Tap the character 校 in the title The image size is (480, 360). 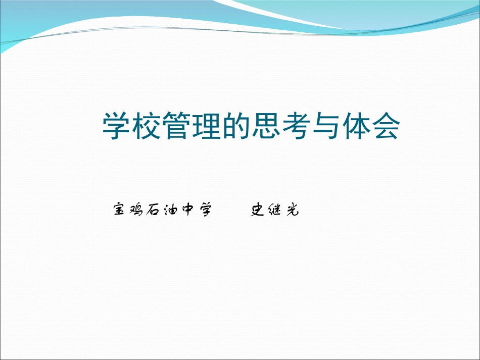(x=147, y=127)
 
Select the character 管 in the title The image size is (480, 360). (x=177, y=127)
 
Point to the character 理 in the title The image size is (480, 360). (x=207, y=127)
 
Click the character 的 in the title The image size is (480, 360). (x=236, y=127)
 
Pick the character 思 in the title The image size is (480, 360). (x=266, y=127)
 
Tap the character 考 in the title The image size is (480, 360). (x=296, y=127)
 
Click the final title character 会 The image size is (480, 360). (x=386, y=127)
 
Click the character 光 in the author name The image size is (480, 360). (x=292, y=210)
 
